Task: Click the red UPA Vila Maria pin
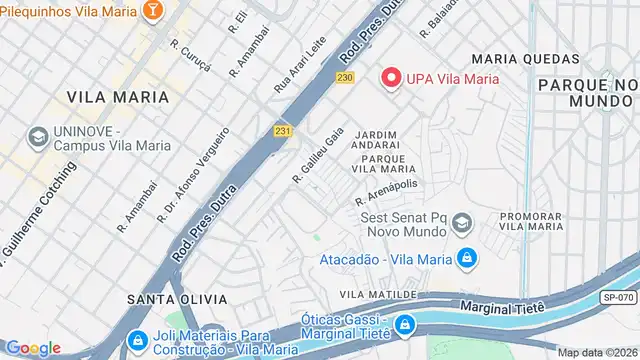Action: tap(390, 78)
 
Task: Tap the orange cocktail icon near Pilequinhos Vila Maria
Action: tap(153, 10)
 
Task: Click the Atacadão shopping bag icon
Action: tap(466, 258)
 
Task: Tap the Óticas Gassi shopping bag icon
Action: tap(404, 325)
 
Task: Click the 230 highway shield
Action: tap(346, 78)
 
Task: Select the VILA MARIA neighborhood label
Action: tap(110, 97)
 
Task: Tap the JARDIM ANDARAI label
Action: tap(376, 141)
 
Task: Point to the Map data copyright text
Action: tap(597, 352)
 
